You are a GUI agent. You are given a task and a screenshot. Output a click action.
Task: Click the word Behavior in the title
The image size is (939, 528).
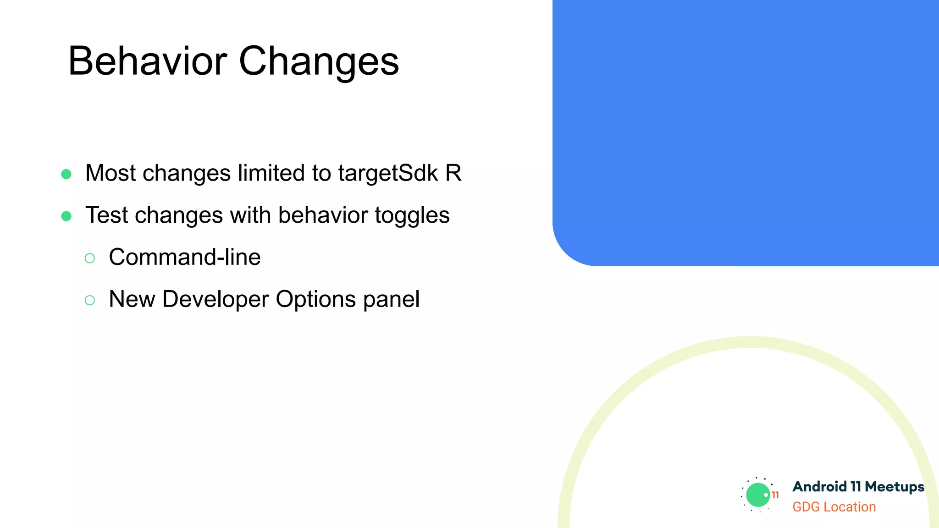[148, 61]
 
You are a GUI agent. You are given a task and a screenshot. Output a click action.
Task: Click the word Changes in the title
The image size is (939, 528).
[319, 62]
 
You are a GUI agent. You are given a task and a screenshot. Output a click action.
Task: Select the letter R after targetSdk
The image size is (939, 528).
[453, 173]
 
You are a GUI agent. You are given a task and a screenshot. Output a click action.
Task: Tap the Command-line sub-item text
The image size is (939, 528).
[185, 257]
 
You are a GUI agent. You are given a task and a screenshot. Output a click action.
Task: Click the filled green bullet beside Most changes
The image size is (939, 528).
[66, 174]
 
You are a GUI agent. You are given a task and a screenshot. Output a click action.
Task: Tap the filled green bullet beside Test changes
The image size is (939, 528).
[66, 216]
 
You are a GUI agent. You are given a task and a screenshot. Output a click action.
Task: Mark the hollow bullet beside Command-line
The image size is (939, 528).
[90, 258]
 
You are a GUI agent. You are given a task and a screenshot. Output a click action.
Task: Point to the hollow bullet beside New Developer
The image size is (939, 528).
[90, 301]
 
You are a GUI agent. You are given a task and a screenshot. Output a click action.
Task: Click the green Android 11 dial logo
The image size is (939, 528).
[758, 495]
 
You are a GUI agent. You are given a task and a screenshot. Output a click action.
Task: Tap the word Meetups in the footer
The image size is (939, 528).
[894, 487]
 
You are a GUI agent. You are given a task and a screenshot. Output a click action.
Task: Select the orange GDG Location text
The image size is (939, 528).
[834, 507]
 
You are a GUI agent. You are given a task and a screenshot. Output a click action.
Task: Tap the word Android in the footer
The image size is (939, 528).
[819, 487]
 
